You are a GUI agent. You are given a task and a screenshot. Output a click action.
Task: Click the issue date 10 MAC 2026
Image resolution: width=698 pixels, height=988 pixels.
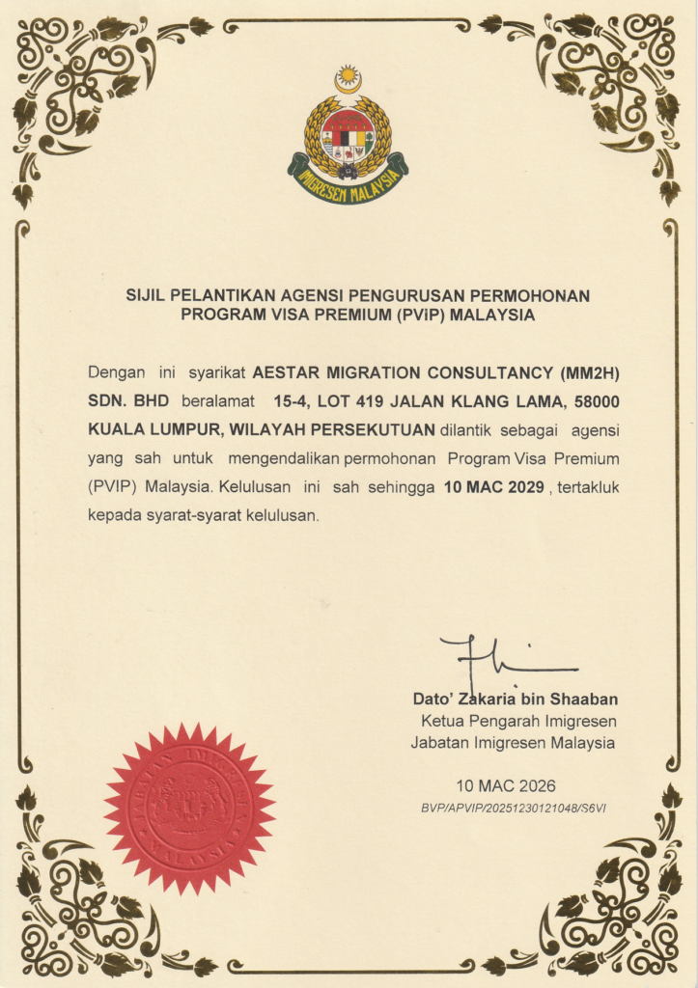click(x=506, y=785)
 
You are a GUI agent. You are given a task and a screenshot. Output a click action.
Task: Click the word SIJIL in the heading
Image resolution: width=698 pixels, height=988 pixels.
click(x=146, y=294)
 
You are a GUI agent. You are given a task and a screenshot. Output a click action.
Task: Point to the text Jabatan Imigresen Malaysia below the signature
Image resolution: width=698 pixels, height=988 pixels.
click(x=513, y=742)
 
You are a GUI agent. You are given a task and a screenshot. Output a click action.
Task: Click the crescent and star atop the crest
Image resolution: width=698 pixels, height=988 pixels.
click(x=348, y=79)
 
